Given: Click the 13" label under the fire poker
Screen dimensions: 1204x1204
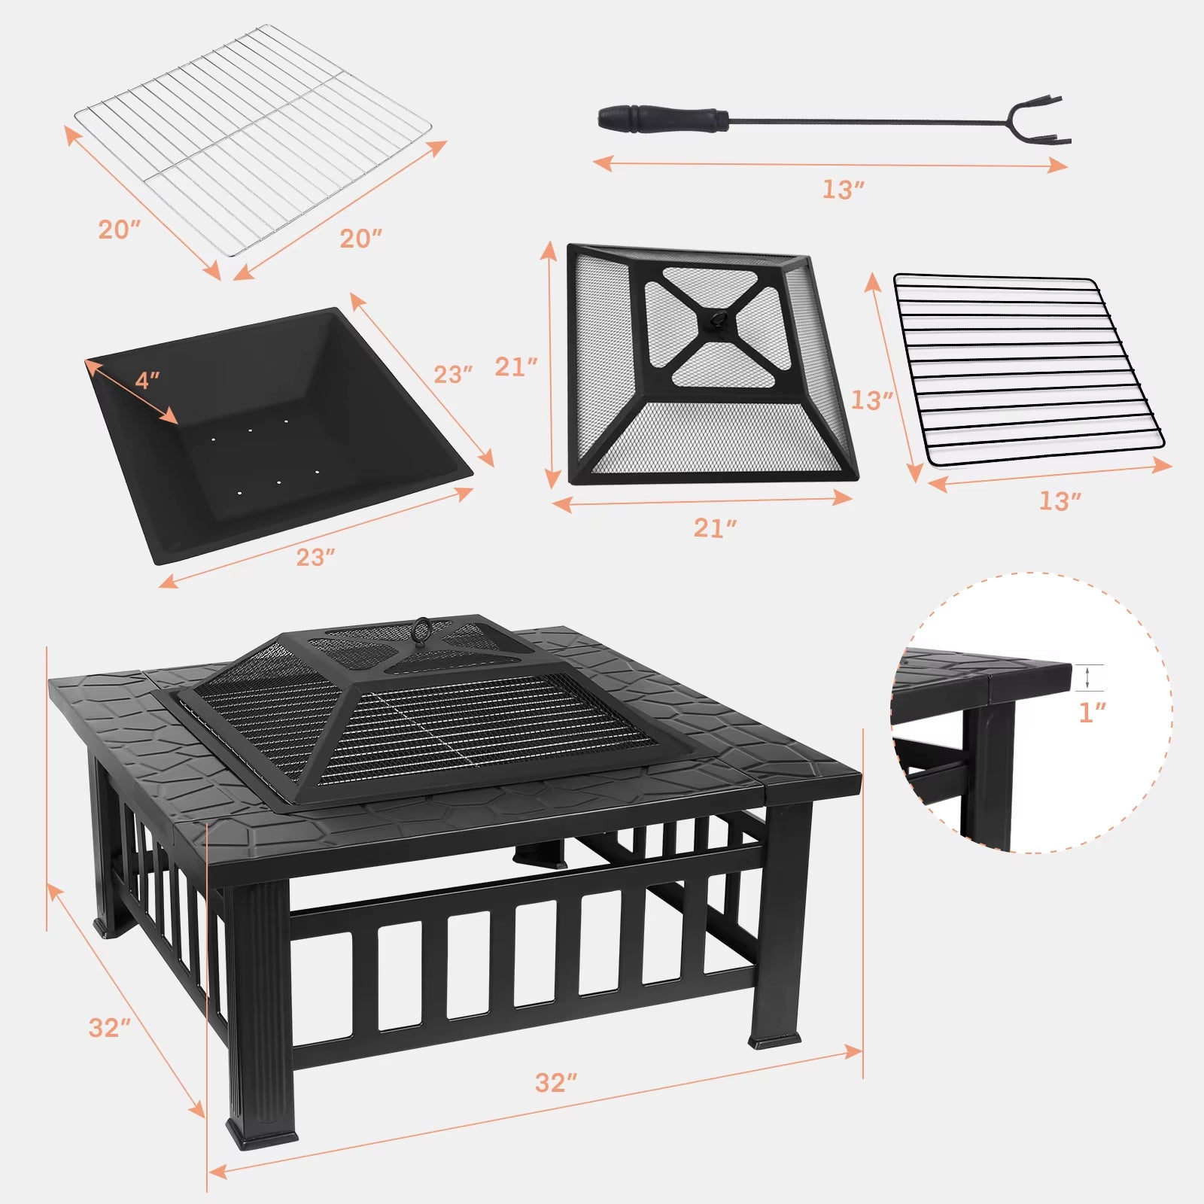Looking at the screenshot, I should tap(842, 190).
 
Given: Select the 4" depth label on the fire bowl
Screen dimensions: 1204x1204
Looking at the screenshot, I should tap(147, 381).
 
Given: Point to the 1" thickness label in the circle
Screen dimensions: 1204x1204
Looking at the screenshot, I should tap(1092, 712).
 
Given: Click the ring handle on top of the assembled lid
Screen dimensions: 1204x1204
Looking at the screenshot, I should tap(423, 629).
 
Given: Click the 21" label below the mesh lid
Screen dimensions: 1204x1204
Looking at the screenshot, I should tap(715, 528).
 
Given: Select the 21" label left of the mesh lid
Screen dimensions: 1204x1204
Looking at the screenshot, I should tap(516, 367).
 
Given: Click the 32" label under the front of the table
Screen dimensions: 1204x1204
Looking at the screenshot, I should tap(556, 1082).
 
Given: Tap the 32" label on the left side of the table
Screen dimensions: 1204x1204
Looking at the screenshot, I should tap(110, 1028).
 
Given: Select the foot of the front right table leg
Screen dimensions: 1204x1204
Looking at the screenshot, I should tap(775, 1041).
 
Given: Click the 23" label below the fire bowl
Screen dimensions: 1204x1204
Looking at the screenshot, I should tap(315, 557).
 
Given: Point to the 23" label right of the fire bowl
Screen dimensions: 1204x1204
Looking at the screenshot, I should tap(453, 374).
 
